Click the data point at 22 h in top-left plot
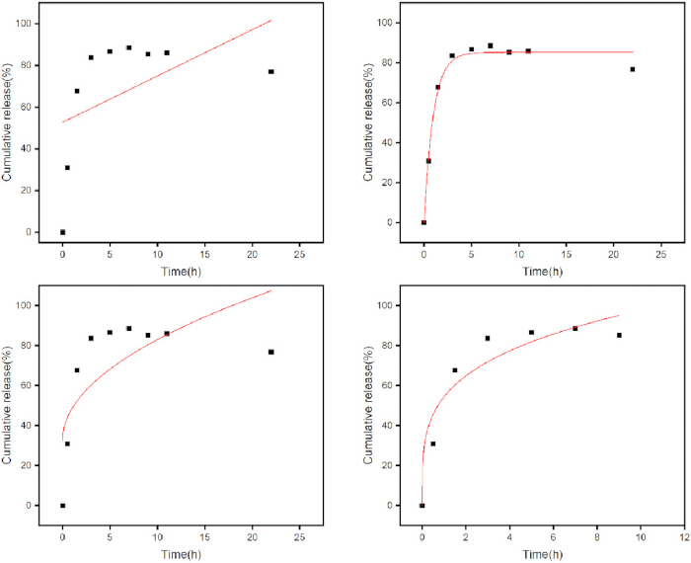click(x=271, y=71)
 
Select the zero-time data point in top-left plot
click(x=62, y=232)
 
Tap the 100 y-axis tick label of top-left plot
click(x=25, y=24)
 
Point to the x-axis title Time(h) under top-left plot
click(x=181, y=272)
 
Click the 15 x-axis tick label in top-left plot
click(x=204, y=255)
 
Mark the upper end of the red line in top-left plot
click(x=271, y=20)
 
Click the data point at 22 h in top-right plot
click(x=633, y=69)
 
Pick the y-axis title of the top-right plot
click(x=367, y=121)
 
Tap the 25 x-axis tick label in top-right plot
click(x=660, y=255)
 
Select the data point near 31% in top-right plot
click(x=428, y=161)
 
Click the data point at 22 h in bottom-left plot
click(x=271, y=352)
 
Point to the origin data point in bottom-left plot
click(x=62, y=506)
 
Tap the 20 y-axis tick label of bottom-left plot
click(x=29, y=465)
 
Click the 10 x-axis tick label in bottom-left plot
click(x=157, y=538)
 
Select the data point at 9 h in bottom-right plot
click(x=619, y=335)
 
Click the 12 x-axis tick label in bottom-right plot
click(x=684, y=538)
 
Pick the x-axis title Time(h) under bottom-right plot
click(x=543, y=555)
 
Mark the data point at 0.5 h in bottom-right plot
click(x=432, y=443)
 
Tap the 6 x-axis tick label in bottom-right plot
click(x=553, y=538)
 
